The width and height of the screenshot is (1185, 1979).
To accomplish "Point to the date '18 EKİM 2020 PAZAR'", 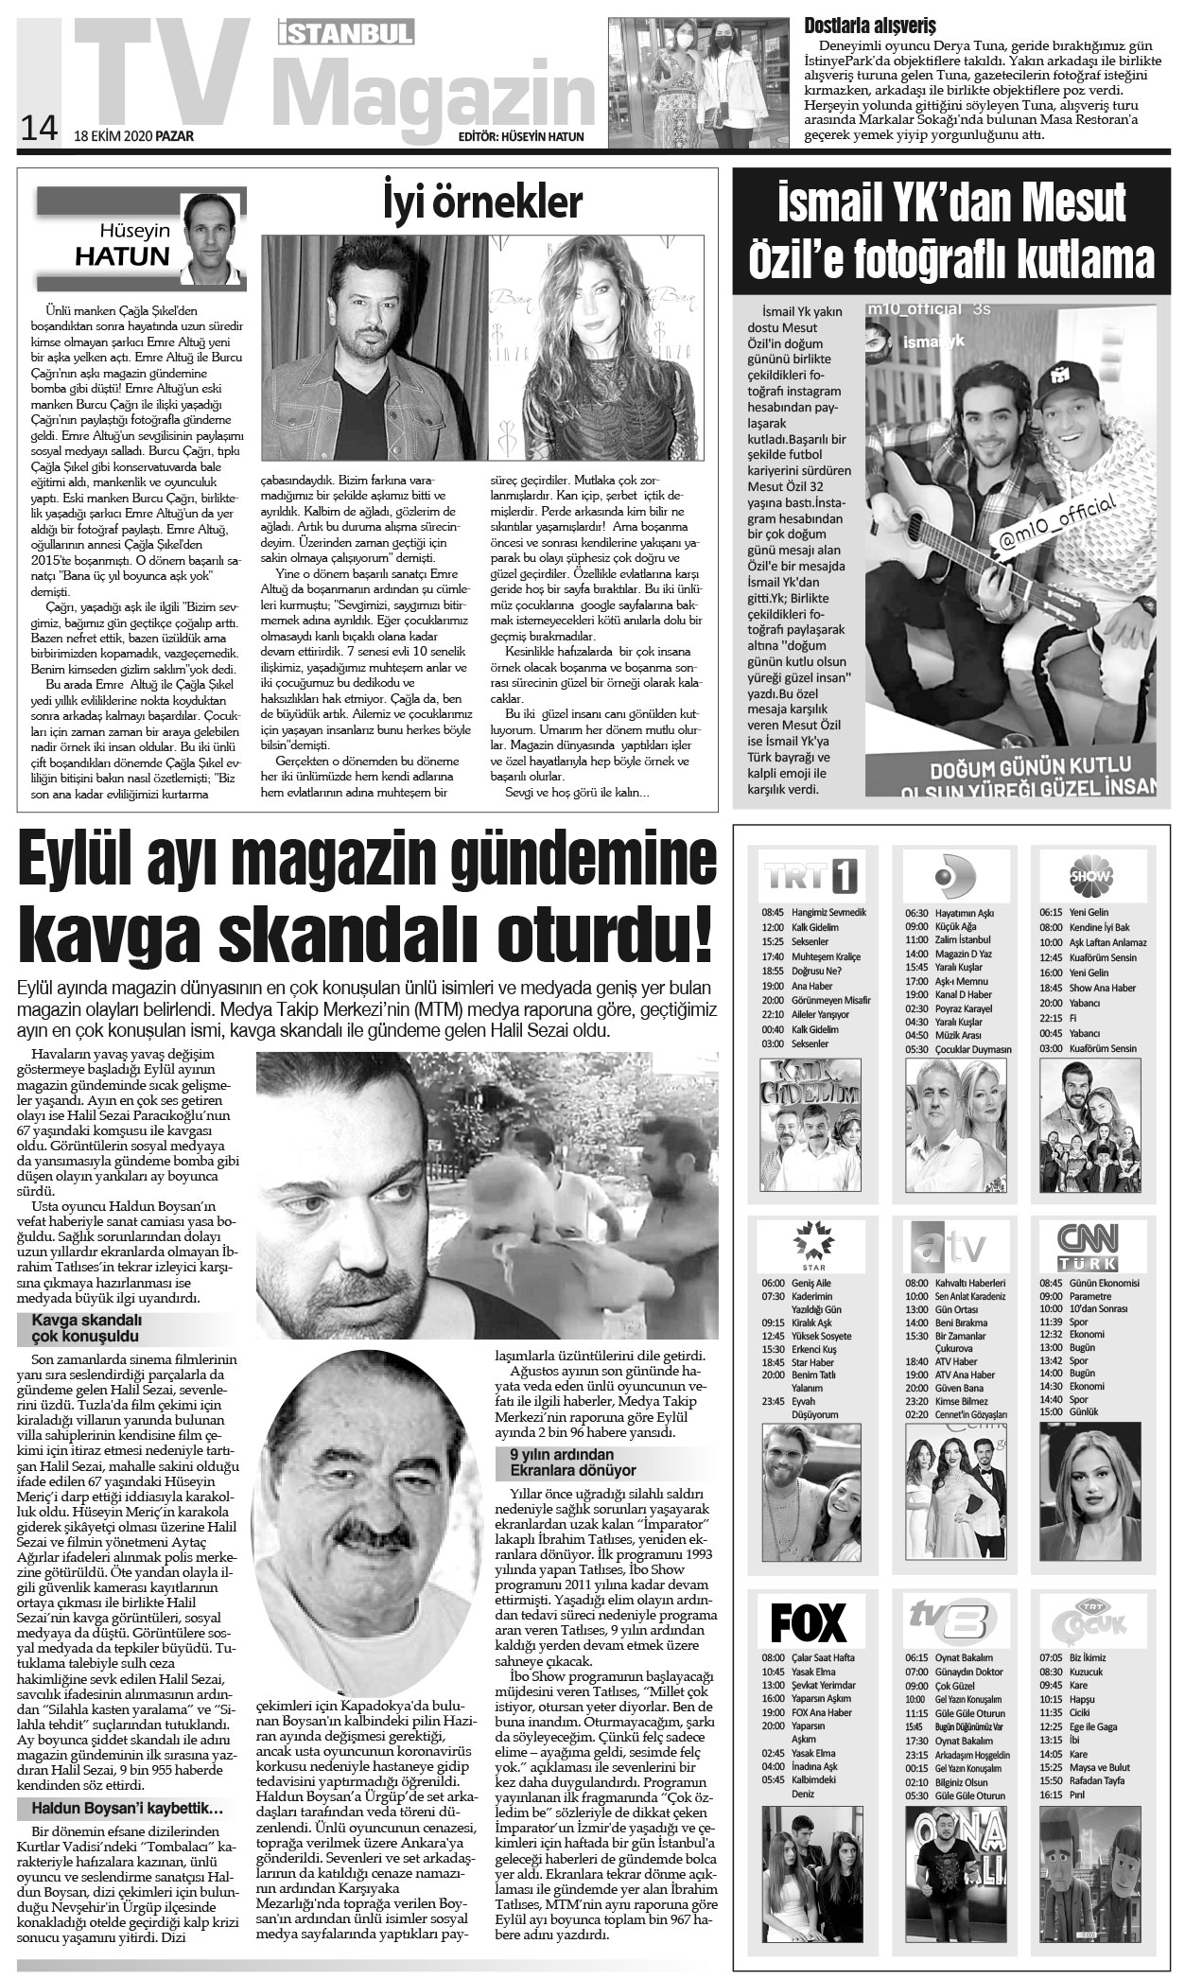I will [x=133, y=135].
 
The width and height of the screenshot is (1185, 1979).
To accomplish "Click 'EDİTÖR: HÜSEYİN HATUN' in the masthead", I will [x=520, y=136].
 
